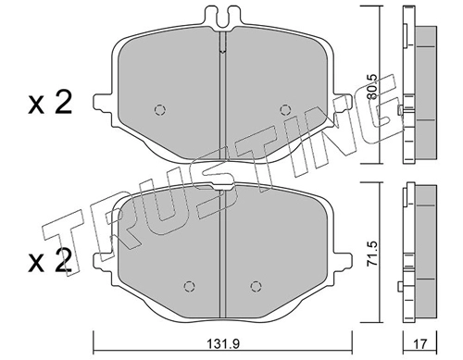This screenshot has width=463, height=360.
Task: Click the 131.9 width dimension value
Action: pos(223,343)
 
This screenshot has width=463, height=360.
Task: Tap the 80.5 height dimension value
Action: pos(372,87)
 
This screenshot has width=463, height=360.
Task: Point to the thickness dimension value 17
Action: pos(419,343)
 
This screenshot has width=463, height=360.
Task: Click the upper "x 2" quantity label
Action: pos(50,103)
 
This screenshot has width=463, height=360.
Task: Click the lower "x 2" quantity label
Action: pos(50,261)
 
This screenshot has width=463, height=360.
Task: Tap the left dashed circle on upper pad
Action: pos(160,110)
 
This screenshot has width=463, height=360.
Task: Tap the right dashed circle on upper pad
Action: pos(285,109)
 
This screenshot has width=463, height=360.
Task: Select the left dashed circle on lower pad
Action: pos(189,287)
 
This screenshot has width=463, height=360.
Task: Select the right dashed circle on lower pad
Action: pos(256,287)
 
